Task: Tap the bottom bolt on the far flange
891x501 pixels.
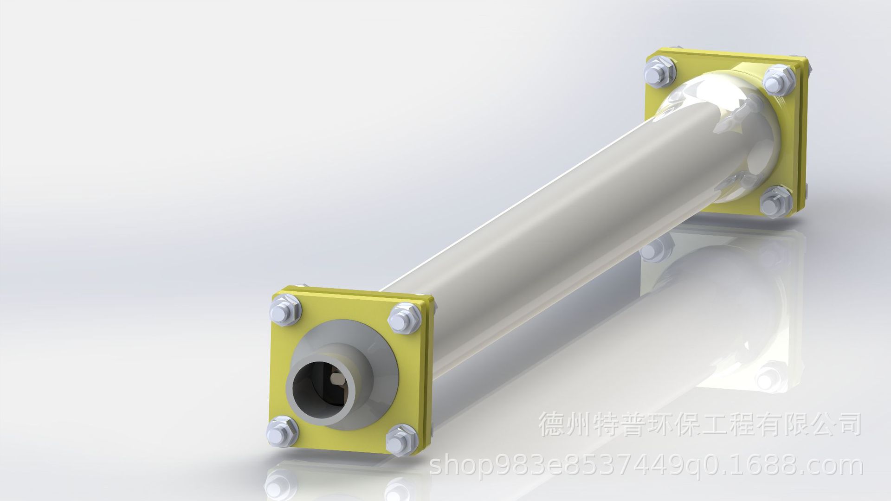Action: (x=775, y=201)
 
